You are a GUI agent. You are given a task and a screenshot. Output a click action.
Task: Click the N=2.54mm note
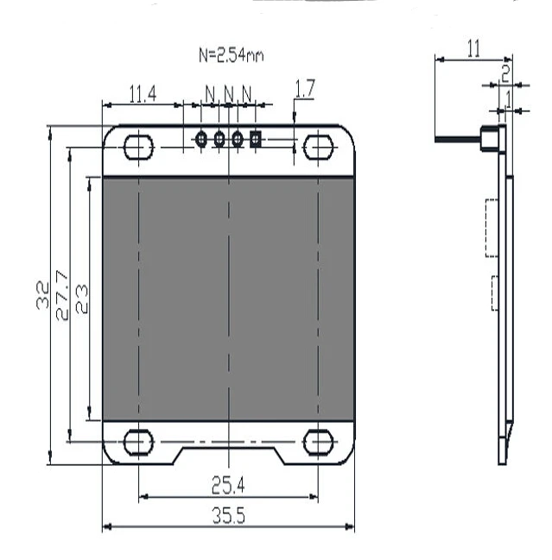(232, 55)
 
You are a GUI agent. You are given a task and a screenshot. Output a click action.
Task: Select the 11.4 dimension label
(143, 94)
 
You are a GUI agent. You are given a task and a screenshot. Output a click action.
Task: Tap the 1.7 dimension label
(305, 89)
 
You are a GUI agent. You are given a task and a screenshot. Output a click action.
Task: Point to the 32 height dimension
(43, 295)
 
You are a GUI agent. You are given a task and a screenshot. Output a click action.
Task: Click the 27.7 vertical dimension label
(62, 295)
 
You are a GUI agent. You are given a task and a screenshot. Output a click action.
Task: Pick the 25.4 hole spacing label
(228, 485)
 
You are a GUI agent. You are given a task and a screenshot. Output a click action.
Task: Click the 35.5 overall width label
(228, 516)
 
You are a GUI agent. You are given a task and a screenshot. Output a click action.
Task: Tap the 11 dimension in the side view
(473, 49)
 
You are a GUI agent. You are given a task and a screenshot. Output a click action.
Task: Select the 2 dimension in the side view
(505, 73)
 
